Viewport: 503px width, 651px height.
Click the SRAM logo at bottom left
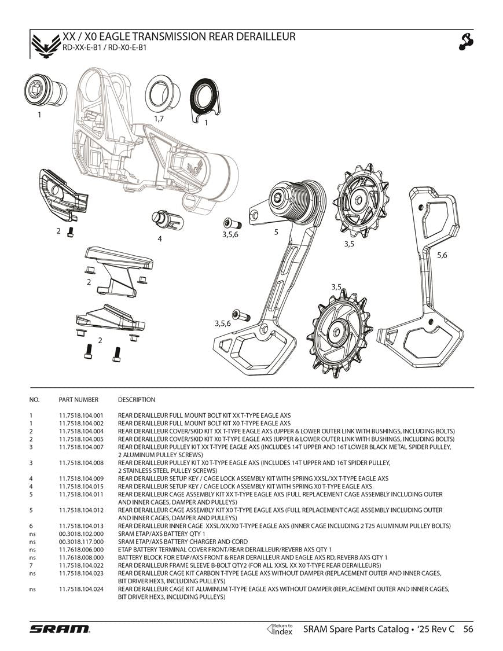pos(60,628)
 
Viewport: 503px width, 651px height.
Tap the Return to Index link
pos(280,629)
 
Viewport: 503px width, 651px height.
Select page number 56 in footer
pos(468,629)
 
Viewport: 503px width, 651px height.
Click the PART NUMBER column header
pos(78,400)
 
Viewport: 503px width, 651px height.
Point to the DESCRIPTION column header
pos(137,400)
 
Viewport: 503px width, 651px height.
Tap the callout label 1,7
pos(159,118)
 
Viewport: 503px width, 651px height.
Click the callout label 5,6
pos(442,255)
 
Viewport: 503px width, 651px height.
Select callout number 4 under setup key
pos(160,238)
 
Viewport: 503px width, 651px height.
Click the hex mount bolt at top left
pos(40,90)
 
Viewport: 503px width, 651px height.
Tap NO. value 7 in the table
pos(31,565)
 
